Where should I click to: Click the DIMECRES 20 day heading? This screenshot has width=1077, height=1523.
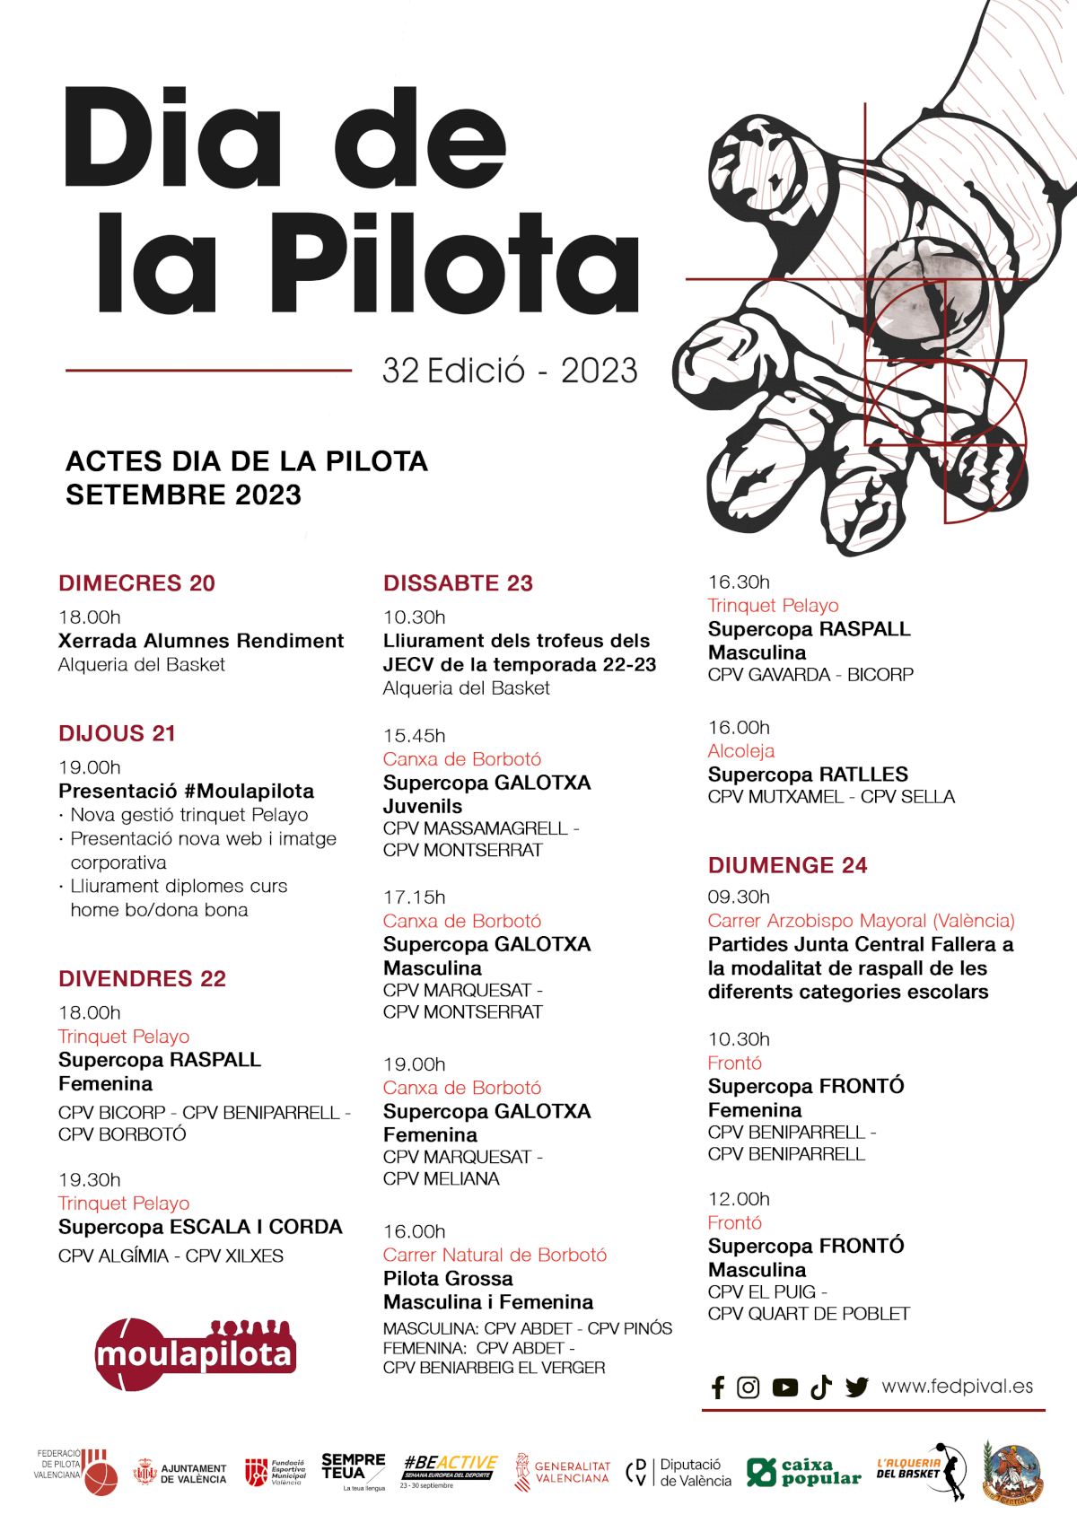[136, 583]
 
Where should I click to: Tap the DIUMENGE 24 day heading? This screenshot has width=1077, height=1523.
[787, 865]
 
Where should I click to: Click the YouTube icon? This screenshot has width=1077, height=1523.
[784, 1387]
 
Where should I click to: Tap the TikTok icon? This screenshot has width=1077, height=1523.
[820, 1387]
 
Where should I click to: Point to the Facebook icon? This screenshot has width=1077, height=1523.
[718, 1387]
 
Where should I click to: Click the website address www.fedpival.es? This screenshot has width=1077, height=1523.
[957, 1387]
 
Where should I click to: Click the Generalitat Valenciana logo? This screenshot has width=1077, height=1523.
[563, 1472]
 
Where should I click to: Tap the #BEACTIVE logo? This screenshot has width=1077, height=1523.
[449, 1470]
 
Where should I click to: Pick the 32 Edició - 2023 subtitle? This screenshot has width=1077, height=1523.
[510, 371]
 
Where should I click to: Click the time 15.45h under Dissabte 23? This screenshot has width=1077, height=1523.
[414, 736]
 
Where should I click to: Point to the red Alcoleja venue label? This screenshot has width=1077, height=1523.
[740, 751]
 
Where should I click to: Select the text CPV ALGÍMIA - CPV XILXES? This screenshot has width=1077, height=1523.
[171, 1256]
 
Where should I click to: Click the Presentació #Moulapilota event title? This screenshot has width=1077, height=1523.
[186, 791]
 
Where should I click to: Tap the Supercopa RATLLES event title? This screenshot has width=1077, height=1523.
[807, 775]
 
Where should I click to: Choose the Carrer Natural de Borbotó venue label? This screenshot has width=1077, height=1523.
[495, 1255]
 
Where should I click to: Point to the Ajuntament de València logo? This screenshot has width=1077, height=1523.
[180, 1473]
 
